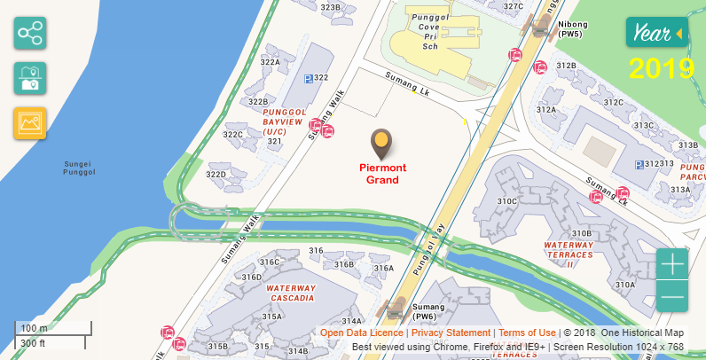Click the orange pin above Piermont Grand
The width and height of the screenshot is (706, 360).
[381, 142]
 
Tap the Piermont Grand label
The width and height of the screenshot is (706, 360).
[382, 174]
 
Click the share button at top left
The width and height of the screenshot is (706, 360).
[30, 34]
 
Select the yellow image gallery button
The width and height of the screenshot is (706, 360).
[30, 123]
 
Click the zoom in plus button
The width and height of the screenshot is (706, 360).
[672, 264]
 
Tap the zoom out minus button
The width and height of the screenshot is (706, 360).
[672, 296]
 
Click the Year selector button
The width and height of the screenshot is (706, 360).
[656, 33]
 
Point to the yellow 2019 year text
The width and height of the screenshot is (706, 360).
[662, 68]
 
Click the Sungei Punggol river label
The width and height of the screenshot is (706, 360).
[79, 168]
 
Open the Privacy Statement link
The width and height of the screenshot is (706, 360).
[451, 333]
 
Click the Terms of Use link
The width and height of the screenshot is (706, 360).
[527, 333]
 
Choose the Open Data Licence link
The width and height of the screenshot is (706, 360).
[361, 333]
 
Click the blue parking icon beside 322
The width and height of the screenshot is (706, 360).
[308, 79]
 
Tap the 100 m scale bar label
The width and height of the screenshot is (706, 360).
[34, 328]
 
